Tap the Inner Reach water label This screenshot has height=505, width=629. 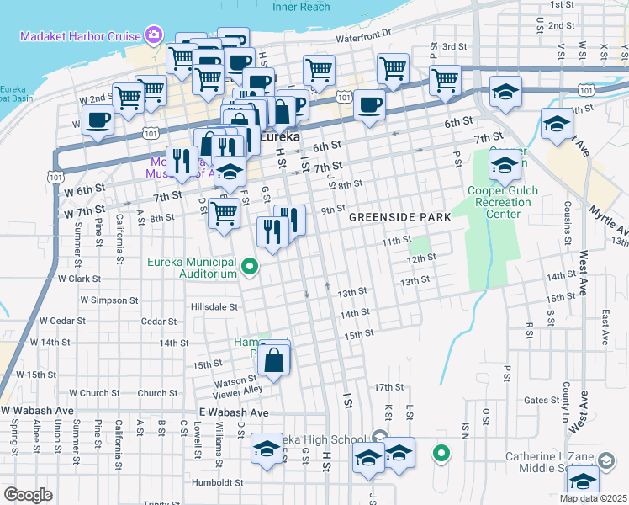click(x=302, y=7)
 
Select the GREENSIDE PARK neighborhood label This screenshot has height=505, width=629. click(x=399, y=217)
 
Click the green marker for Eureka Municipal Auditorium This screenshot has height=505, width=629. click(x=250, y=268)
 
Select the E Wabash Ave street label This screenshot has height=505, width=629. click(x=234, y=413)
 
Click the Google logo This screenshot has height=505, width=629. click(x=28, y=495)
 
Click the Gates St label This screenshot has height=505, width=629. click(x=536, y=401)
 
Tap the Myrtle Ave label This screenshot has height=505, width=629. click(x=609, y=218)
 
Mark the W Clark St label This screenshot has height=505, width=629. click(x=79, y=278)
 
